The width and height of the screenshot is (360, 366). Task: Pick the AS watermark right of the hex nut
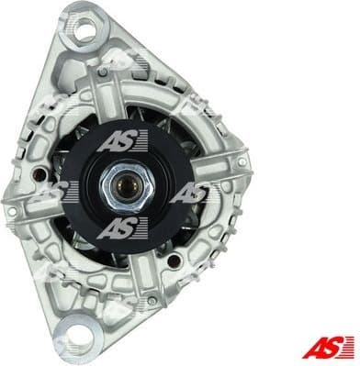[191, 192]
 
